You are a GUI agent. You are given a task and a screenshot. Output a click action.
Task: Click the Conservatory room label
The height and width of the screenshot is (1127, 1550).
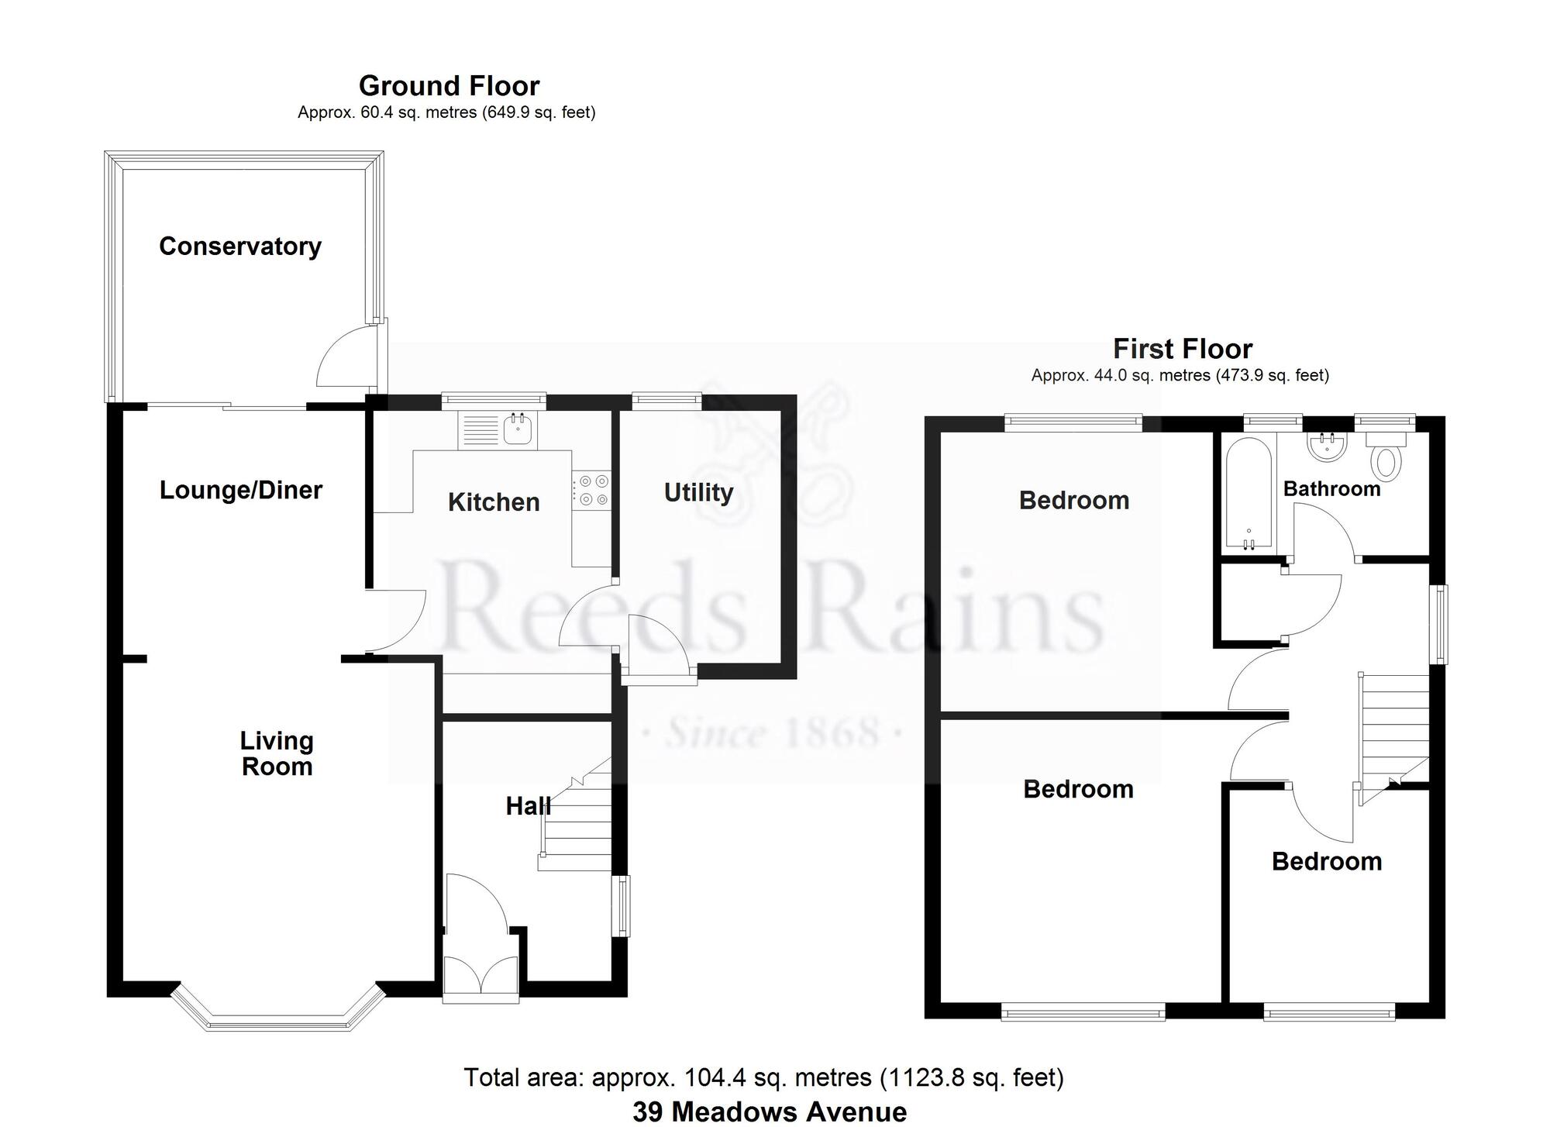(240, 246)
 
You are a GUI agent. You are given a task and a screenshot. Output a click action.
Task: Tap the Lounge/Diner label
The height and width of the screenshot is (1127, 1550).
(241, 490)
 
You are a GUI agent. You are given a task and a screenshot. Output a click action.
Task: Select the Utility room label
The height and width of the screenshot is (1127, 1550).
(699, 493)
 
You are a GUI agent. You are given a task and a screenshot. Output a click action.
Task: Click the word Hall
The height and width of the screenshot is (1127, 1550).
(529, 806)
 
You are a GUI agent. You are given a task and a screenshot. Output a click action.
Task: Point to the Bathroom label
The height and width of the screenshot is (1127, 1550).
(1332, 489)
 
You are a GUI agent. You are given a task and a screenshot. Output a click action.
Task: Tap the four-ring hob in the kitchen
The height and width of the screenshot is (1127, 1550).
(591, 491)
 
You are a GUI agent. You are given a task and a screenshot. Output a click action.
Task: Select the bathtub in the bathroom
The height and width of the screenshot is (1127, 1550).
(1249, 493)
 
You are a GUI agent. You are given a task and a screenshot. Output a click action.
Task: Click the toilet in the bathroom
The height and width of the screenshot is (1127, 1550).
(1386, 454)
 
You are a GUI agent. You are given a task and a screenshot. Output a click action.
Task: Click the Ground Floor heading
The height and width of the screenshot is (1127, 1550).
(449, 85)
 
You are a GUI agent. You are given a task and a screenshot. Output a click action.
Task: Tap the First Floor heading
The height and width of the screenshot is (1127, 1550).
(1183, 349)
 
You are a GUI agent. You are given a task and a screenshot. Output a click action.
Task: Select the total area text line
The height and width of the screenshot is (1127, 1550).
(763, 1077)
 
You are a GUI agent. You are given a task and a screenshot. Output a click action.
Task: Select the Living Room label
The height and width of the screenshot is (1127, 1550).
(277, 753)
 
